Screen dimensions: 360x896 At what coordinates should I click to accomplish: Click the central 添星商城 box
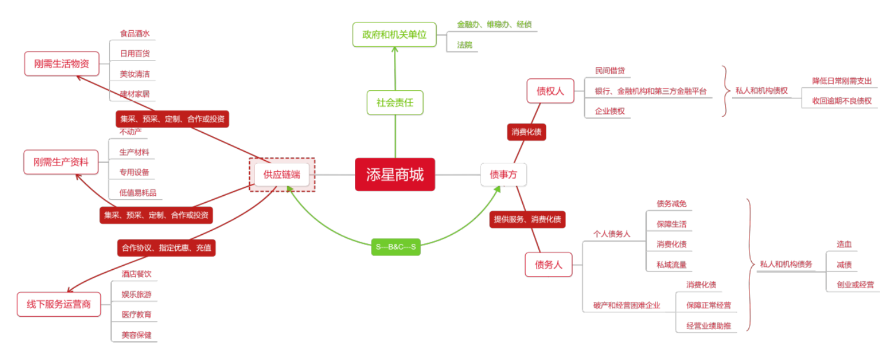[x=395, y=174]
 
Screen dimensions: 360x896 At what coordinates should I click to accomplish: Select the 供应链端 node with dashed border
[x=282, y=174]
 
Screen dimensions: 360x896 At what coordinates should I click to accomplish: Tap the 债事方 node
[x=503, y=174]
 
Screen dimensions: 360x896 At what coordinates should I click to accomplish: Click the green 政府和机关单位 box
[x=394, y=34]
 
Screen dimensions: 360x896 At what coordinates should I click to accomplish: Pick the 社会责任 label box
[x=395, y=103]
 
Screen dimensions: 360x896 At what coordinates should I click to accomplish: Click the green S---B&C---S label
[x=396, y=246]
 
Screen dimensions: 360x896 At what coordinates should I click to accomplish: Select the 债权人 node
[x=550, y=91]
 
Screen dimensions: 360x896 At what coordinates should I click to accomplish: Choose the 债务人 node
[x=548, y=265]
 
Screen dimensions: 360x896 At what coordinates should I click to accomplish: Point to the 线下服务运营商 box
[x=59, y=304]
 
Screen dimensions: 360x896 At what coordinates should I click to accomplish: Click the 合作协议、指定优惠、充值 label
[x=166, y=247]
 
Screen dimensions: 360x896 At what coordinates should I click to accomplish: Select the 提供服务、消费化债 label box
[x=527, y=219]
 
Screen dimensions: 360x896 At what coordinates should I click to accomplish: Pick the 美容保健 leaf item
[x=136, y=334]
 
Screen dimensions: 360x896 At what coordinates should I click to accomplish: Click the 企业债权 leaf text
[x=610, y=111]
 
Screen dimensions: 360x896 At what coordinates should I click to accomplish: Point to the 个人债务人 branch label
[x=611, y=234]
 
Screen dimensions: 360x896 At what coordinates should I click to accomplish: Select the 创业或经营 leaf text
[x=855, y=285]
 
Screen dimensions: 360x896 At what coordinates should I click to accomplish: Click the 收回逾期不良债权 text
[x=841, y=101]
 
